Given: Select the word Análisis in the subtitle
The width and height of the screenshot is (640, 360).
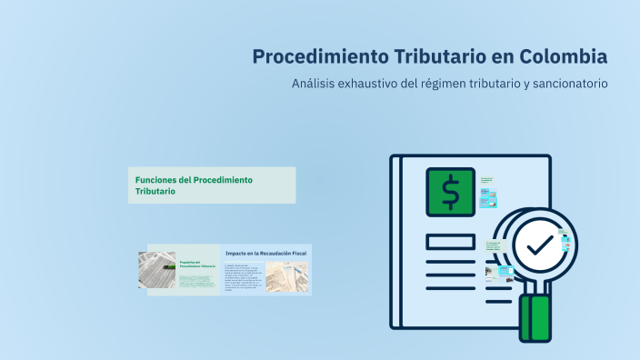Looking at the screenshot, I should [x=313, y=84].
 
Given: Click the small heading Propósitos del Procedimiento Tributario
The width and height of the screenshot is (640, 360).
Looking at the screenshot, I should [x=197, y=263].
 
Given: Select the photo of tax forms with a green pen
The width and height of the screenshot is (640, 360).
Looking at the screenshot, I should [x=156, y=270].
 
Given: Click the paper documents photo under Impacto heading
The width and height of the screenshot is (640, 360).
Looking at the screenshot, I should [x=286, y=276].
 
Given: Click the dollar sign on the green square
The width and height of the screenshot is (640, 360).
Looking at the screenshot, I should [x=450, y=192].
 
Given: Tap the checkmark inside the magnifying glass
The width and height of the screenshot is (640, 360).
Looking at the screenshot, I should [x=538, y=245].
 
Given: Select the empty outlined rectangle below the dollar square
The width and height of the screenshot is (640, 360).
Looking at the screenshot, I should [x=450, y=242].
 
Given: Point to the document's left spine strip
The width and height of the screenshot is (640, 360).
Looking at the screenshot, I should [x=395, y=241].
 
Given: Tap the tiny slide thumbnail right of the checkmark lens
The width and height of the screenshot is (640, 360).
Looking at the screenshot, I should [x=565, y=242].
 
